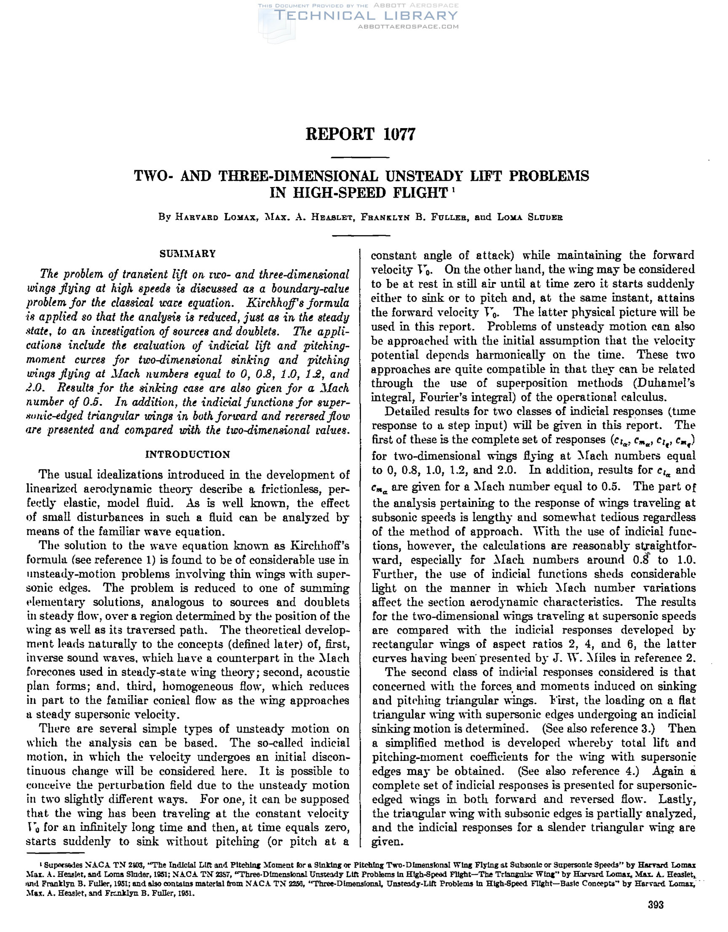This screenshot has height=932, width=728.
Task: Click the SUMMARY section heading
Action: click(188, 254)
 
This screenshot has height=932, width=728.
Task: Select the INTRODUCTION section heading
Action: click(188, 455)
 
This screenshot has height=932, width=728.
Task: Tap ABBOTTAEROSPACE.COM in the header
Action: click(408, 27)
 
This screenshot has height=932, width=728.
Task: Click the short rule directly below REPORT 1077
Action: click(361, 158)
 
